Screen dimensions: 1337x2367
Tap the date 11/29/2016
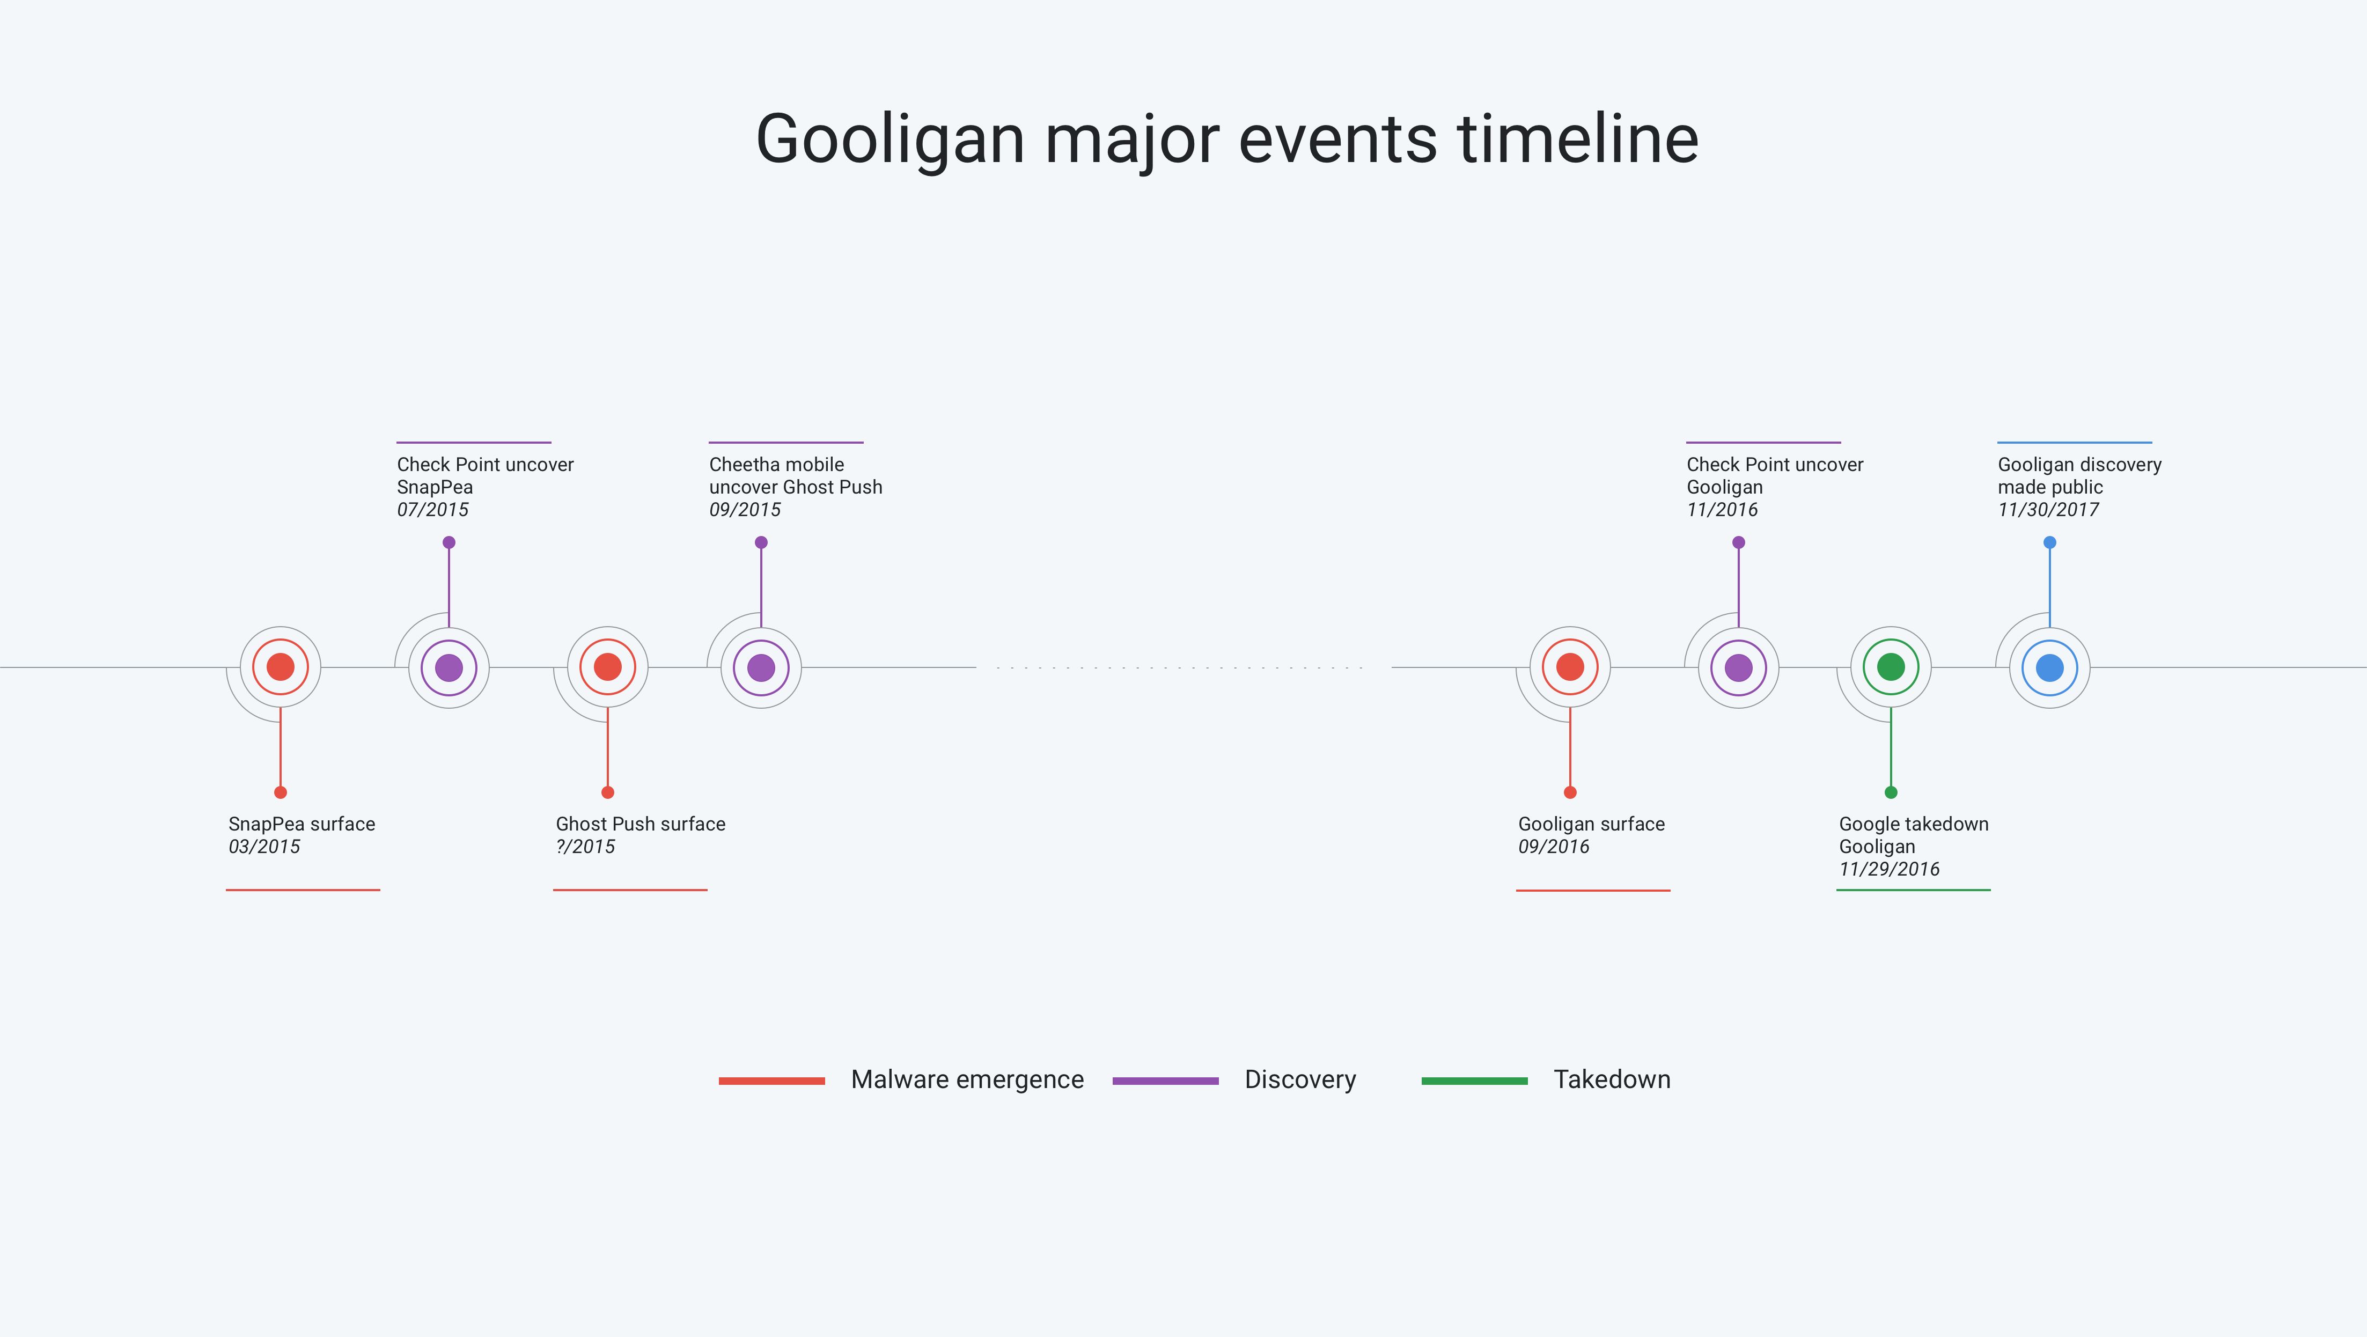point(1889,869)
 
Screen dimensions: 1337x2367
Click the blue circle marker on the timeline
point(2050,668)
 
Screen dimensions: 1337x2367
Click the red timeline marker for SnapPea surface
point(280,667)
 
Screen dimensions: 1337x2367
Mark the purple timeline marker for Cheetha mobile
point(761,668)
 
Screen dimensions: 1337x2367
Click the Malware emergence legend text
point(967,1079)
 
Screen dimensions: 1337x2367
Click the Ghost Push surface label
point(641,824)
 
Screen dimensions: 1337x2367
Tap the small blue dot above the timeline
point(2050,543)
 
